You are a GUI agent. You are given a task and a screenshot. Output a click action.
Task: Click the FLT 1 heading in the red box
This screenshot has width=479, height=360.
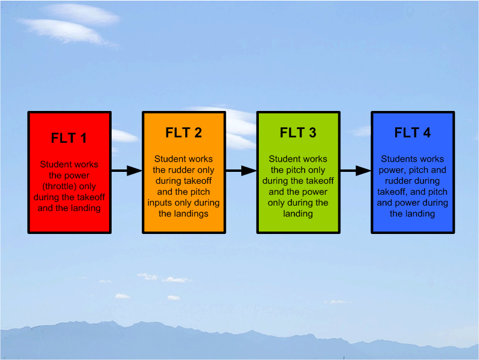click(x=69, y=138)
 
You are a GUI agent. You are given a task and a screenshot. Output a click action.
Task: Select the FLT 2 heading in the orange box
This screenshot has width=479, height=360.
click(x=183, y=133)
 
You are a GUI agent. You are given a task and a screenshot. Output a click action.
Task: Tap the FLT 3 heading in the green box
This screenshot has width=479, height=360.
click(x=298, y=133)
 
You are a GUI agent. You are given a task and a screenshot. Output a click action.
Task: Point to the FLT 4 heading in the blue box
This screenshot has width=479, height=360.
click(x=413, y=133)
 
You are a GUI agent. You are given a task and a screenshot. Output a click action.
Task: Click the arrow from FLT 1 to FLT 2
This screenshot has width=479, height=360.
click(x=126, y=171)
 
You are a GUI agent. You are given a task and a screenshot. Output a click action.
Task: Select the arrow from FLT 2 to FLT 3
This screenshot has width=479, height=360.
click(x=241, y=171)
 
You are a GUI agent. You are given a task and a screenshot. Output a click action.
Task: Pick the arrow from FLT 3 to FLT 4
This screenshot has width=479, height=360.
click(x=355, y=171)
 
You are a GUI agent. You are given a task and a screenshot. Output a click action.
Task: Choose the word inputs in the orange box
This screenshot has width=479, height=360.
click(x=160, y=203)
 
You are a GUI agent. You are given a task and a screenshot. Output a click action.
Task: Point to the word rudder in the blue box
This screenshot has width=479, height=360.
click(x=393, y=181)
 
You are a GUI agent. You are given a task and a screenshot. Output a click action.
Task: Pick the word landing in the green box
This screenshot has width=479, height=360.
click(x=297, y=213)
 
